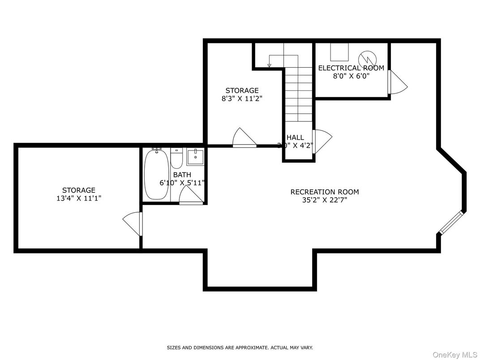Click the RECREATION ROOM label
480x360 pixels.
pyautogui.click(x=324, y=192)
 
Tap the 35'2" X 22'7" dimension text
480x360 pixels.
pyautogui.click(x=324, y=200)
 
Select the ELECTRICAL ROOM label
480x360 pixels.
pyautogui.click(x=351, y=68)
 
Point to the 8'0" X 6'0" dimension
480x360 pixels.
pyautogui.click(x=351, y=76)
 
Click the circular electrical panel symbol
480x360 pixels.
pyautogui.click(x=369, y=58)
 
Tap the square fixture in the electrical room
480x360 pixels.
pyautogui.click(x=339, y=52)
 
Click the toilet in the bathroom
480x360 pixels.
pyautogui.click(x=176, y=159)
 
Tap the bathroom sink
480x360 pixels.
pyautogui.click(x=195, y=157)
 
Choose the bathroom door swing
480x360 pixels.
pyautogui.click(x=190, y=196)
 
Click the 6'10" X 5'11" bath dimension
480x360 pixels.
pyautogui.click(x=182, y=183)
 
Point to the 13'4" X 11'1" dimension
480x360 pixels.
pyautogui.click(x=78, y=198)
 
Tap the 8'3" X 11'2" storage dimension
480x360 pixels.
pyautogui.click(x=242, y=99)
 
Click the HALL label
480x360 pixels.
pyautogui.click(x=295, y=137)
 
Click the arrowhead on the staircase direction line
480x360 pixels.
pyautogui.click(x=270, y=66)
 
